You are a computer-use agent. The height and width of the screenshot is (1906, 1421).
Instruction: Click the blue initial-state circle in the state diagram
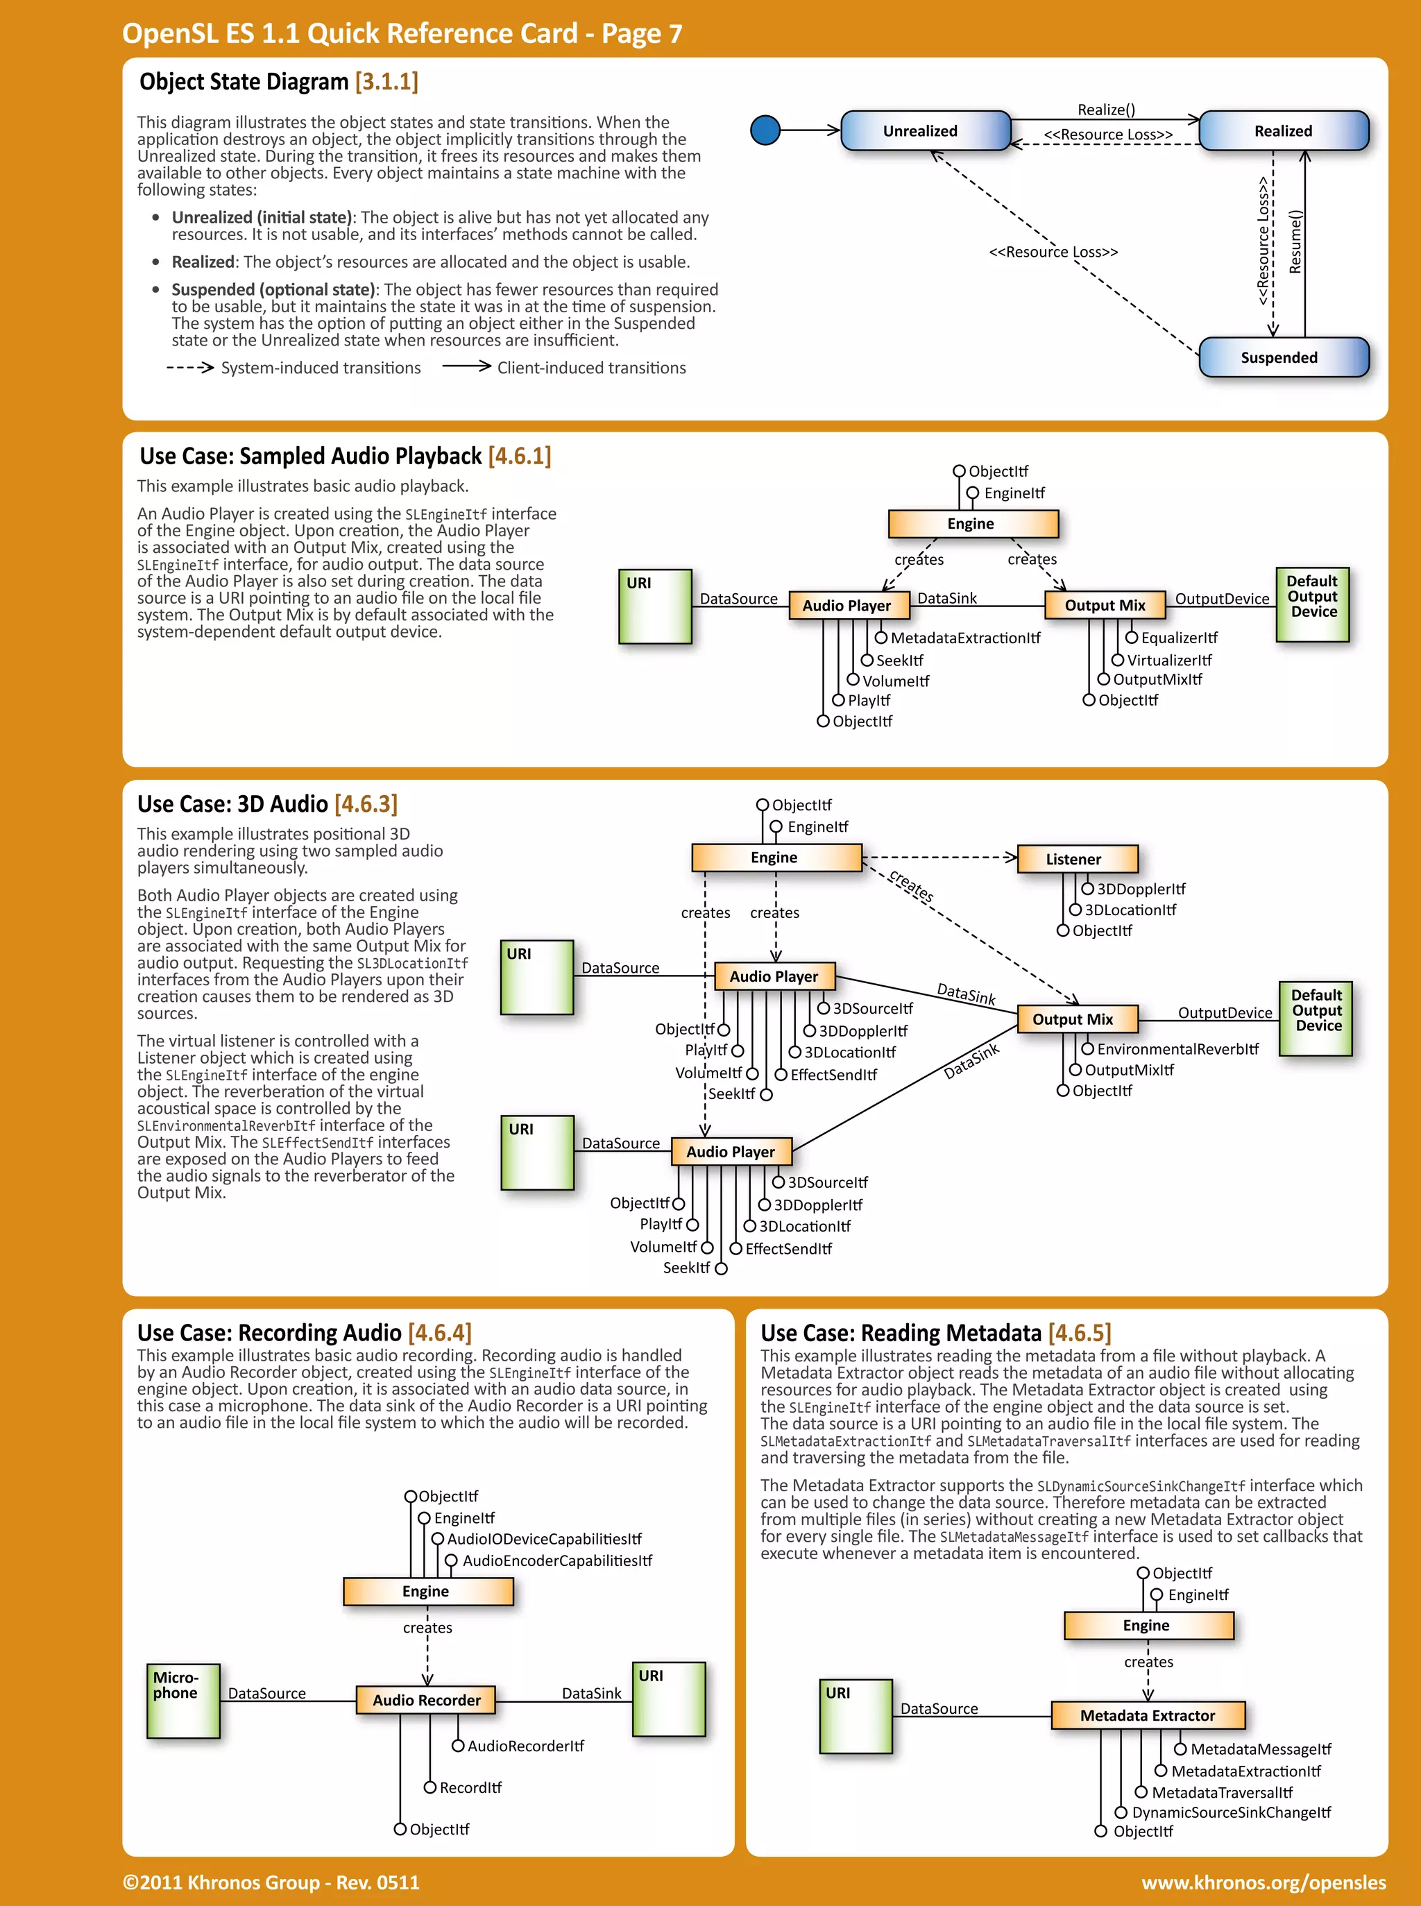click(x=765, y=130)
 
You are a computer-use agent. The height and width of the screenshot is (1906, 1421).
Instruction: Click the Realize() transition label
click(x=1106, y=109)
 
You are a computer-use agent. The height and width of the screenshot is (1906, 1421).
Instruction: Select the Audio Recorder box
click(x=426, y=1701)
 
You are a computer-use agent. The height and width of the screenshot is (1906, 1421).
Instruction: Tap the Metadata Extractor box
click(x=1148, y=1715)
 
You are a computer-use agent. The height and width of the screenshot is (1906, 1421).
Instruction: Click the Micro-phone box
click(x=182, y=1701)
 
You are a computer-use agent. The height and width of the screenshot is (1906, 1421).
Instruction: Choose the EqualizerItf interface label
click(x=1180, y=638)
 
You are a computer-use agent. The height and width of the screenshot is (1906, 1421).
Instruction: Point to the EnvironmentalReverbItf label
click(x=1177, y=1049)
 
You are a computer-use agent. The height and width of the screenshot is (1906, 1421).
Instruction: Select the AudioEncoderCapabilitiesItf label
click(x=557, y=1560)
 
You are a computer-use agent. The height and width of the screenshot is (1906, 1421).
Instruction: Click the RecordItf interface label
click(x=470, y=1787)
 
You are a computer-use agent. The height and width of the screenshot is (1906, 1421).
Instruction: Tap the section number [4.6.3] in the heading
click(x=366, y=804)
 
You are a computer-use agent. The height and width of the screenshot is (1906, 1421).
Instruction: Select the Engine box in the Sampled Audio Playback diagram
click(x=972, y=524)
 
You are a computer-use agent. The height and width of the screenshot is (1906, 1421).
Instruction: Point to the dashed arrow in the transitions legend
click(x=189, y=367)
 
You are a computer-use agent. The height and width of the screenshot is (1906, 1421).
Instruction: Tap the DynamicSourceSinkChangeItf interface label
click(x=1231, y=1812)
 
